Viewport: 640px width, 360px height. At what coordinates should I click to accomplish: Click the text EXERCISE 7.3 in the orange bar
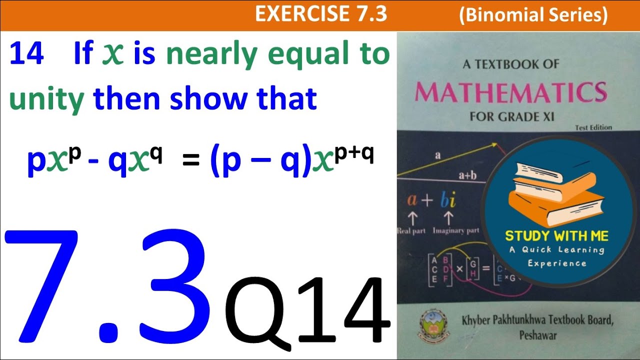pyautogui.click(x=321, y=14)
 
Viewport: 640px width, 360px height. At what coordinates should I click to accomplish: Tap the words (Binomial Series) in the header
pyautogui.click(x=533, y=15)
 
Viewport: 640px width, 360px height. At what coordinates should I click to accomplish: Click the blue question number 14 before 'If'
pyautogui.click(x=26, y=54)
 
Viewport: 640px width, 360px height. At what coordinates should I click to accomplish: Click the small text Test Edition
pyautogui.click(x=593, y=127)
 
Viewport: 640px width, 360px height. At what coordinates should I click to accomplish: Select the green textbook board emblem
pyautogui.click(x=431, y=325)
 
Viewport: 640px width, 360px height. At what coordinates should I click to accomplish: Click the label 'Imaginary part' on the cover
pyautogui.click(x=455, y=231)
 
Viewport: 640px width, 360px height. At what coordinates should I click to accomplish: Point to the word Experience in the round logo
pyautogui.click(x=556, y=263)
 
